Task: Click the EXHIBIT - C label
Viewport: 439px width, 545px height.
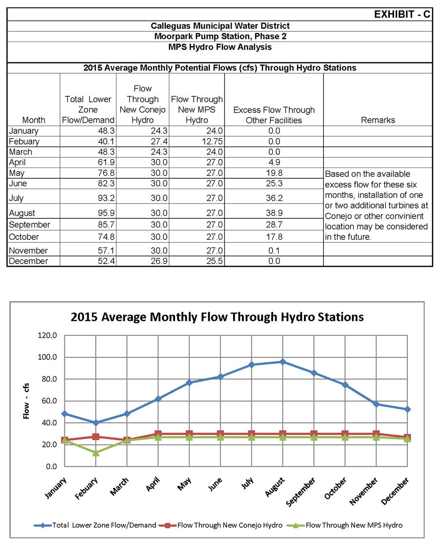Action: pyautogui.click(x=401, y=14)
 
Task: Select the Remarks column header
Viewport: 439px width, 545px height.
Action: pyautogui.click(x=378, y=120)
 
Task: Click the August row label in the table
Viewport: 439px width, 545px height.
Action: pyautogui.click(x=24, y=213)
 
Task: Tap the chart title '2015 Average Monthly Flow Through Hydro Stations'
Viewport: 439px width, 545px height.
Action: pyautogui.click(x=217, y=317)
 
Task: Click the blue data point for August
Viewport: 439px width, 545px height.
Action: pyautogui.click(x=283, y=362)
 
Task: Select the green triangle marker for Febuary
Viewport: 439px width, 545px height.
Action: pyautogui.click(x=96, y=453)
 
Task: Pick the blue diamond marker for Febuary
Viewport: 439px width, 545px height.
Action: pyautogui.click(x=96, y=422)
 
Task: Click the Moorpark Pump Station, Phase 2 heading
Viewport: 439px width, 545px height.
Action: pyautogui.click(x=219, y=37)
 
